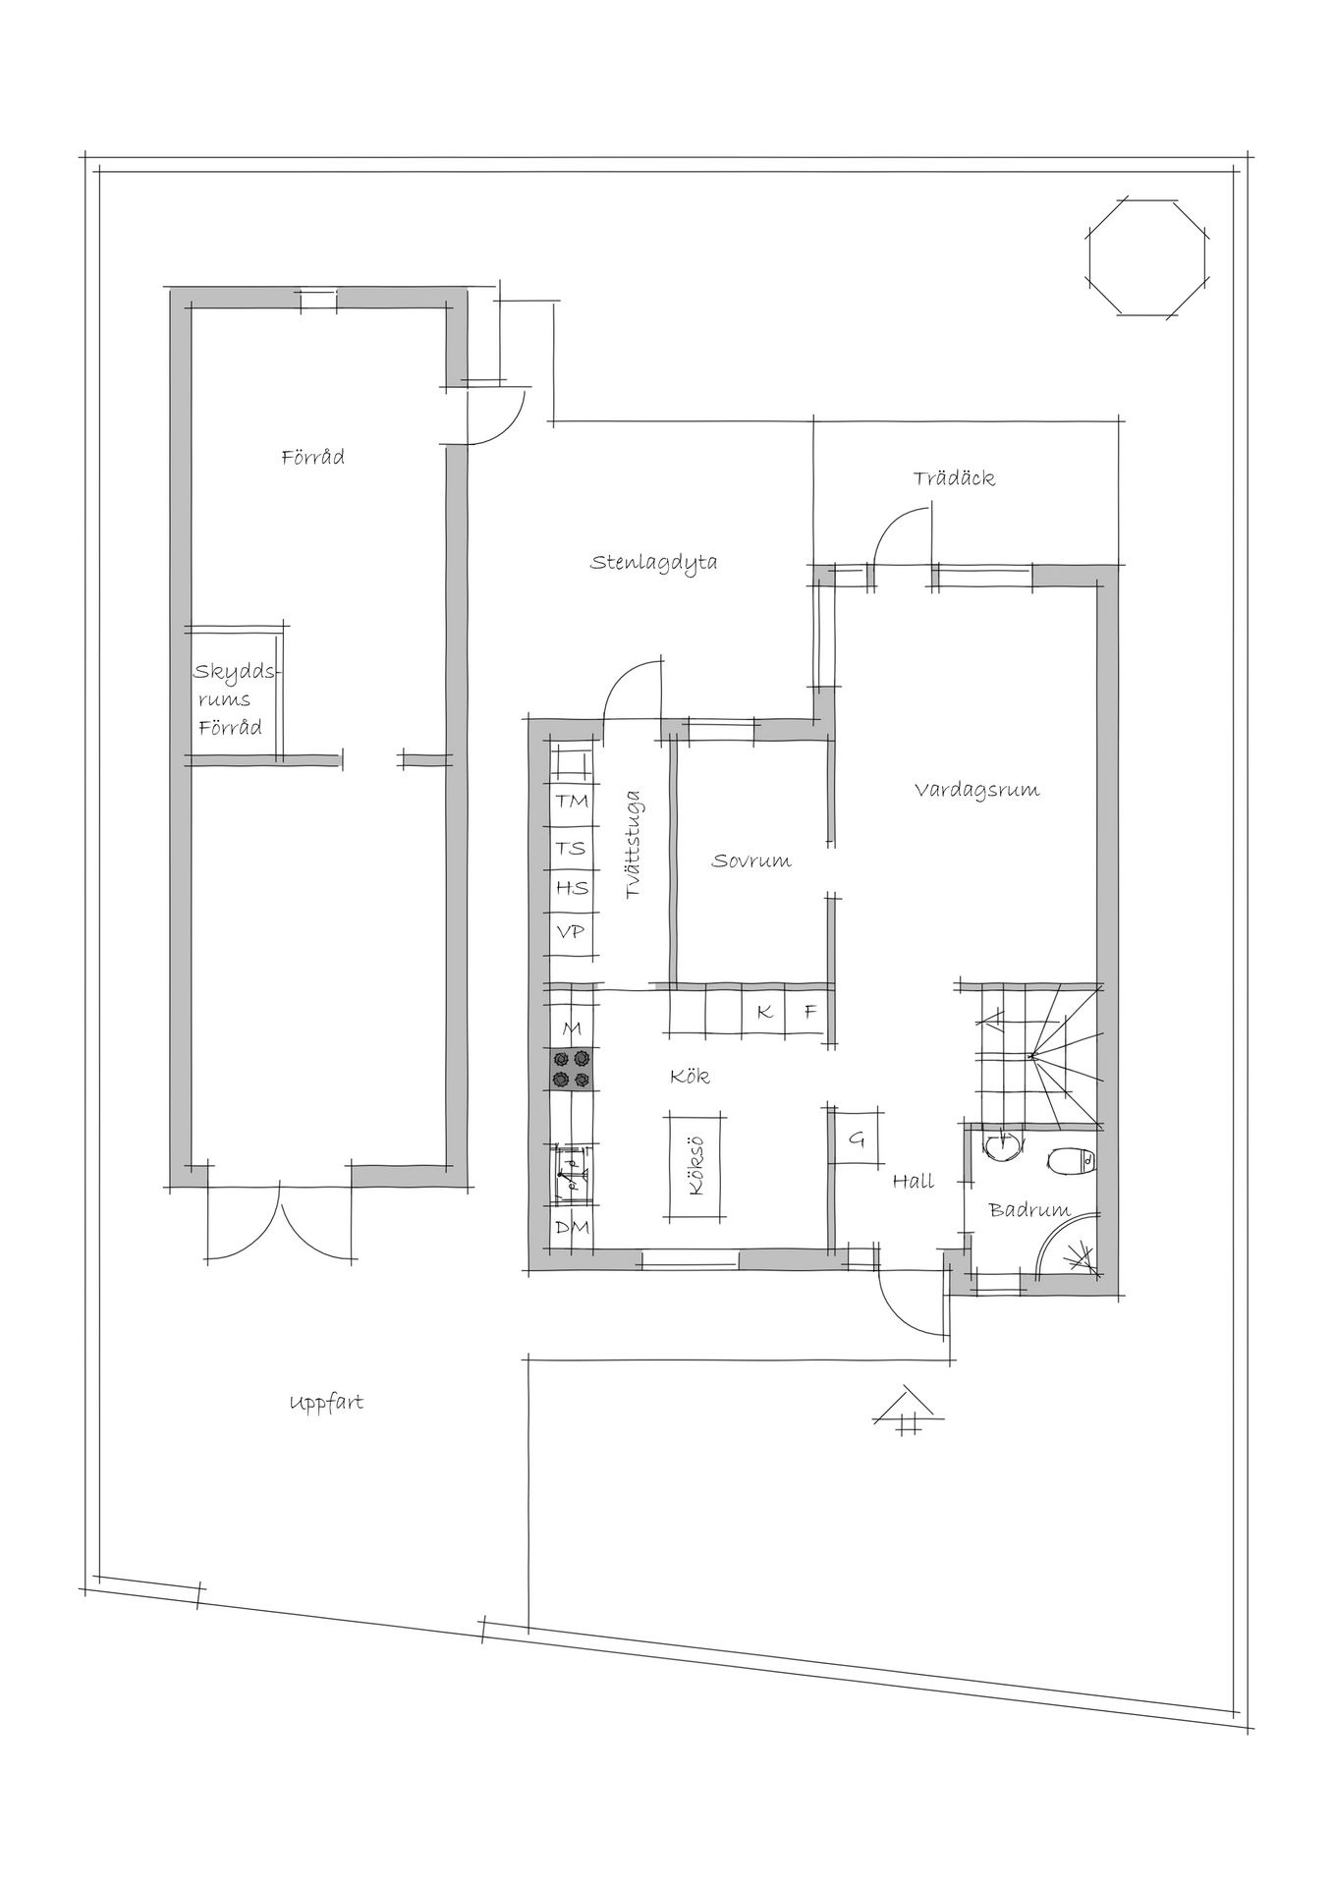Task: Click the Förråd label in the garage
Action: (313, 458)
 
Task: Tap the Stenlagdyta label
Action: (653, 563)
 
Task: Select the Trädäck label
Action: (954, 478)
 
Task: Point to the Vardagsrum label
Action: (976, 790)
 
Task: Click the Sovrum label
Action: (751, 861)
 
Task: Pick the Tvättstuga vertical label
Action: (634, 845)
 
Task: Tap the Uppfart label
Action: (326, 1403)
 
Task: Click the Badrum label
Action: (1029, 1210)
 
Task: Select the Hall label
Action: (914, 1182)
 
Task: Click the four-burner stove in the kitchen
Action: (572, 1069)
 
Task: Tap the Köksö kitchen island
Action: (697, 1165)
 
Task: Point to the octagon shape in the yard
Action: (1147, 256)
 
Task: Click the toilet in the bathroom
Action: (1076, 1161)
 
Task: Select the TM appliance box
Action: (573, 802)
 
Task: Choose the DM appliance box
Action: (573, 1228)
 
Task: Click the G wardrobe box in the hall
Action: (856, 1138)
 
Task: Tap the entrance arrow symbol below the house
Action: (909, 1411)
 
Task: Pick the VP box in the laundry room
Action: (573, 930)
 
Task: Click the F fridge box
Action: (809, 1012)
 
